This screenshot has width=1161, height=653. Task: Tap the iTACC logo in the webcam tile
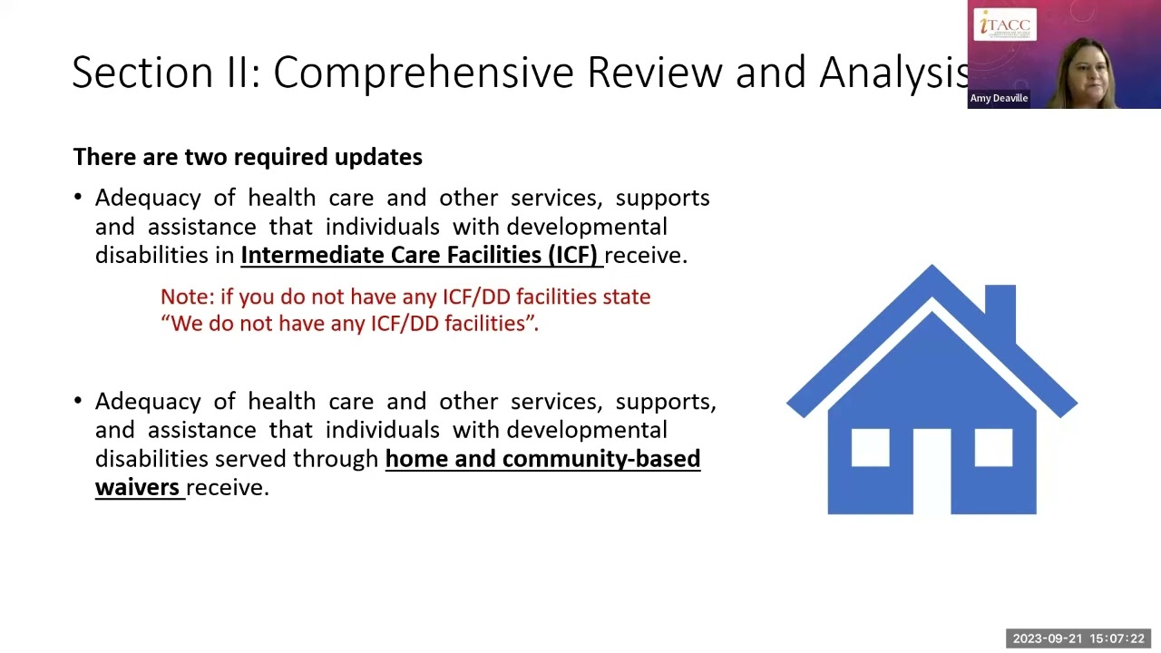(1005, 24)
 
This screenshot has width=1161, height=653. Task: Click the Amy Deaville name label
(999, 98)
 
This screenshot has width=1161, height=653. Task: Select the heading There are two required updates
(248, 157)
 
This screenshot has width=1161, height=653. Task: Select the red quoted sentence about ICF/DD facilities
(349, 324)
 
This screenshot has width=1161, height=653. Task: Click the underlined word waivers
(138, 488)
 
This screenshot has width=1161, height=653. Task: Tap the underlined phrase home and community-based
(542, 459)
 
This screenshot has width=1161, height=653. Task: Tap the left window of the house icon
(870, 447)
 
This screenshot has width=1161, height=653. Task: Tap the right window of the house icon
(993, 447)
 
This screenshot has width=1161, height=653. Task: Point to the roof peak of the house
(932, 272)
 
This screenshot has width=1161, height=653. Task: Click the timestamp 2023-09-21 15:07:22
(1078, 638)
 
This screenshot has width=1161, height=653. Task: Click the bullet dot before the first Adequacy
(78, 198)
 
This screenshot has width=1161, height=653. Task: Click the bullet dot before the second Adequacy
(78, 401)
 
